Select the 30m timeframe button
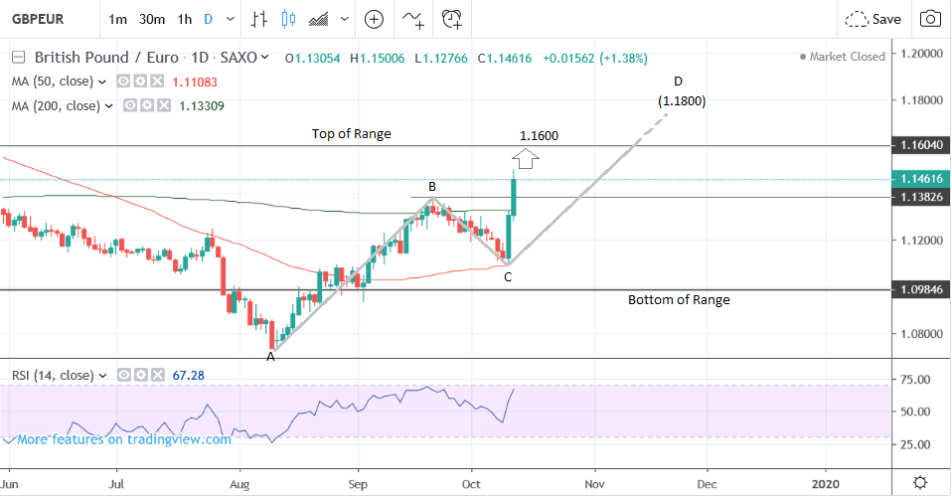click(152, 19)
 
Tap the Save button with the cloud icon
click(873, 19)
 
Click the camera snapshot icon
click(930, 19)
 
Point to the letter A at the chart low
click(270, 357)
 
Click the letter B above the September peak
click(432, 186)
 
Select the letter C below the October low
click(507, 276)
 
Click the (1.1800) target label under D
click(682, 100)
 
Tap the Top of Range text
click(351, 133)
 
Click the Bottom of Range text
click(679, 299)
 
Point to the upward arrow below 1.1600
click(527, 156)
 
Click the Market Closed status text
click(847, 57)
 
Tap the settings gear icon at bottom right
click(920, 482)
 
